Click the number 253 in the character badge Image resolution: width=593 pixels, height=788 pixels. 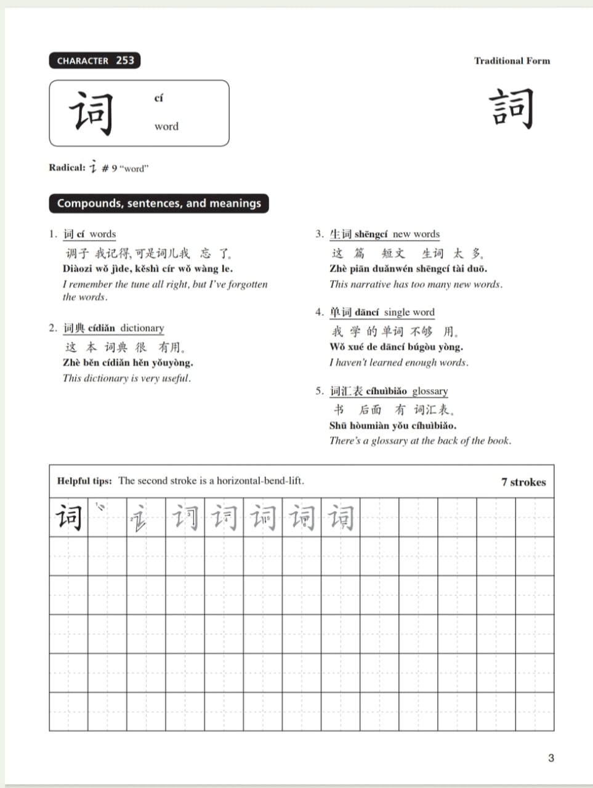tap(125, 60)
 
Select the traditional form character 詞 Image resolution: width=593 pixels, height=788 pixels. tap(512, 108)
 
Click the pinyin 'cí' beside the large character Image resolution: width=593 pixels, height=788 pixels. tap(159, 98)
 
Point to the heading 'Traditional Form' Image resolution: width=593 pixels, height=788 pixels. tap(512, 61)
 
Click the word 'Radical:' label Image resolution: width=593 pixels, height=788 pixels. tap(67, 167)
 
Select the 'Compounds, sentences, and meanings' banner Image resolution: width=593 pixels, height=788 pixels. tap(159, 203)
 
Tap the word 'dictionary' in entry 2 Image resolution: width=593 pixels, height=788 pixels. tap(142, 328)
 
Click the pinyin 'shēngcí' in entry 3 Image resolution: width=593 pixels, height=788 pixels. tap(371, 234)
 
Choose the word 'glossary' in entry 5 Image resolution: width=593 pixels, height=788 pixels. tap(430, 392)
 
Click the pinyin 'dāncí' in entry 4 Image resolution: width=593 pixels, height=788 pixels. tap(366, 313)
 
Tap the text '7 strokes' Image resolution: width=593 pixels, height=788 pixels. tap(523, 482)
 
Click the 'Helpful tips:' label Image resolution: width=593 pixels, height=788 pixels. tap(84, 481)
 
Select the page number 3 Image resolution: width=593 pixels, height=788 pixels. tap(551, 758)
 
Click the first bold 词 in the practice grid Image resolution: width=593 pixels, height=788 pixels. tap(68, 517)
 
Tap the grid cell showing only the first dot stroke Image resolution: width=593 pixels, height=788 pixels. tap(107, 517)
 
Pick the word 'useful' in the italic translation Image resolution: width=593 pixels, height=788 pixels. tap(175, 379)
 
